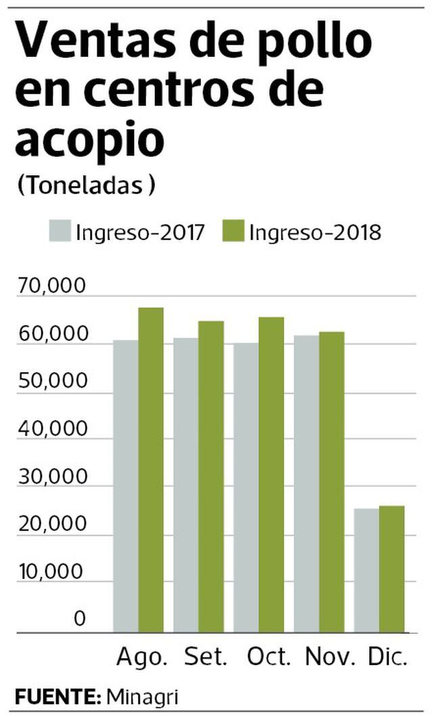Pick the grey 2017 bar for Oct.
[x=246, y=487]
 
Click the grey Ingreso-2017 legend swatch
[x=59, y=231]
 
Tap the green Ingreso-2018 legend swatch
[x=231, y=231]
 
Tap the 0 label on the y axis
[x=80, y=618]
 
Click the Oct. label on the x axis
[x=269, y=657]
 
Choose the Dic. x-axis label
[x=388, y=657]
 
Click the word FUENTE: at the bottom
[x=58, y=697]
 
